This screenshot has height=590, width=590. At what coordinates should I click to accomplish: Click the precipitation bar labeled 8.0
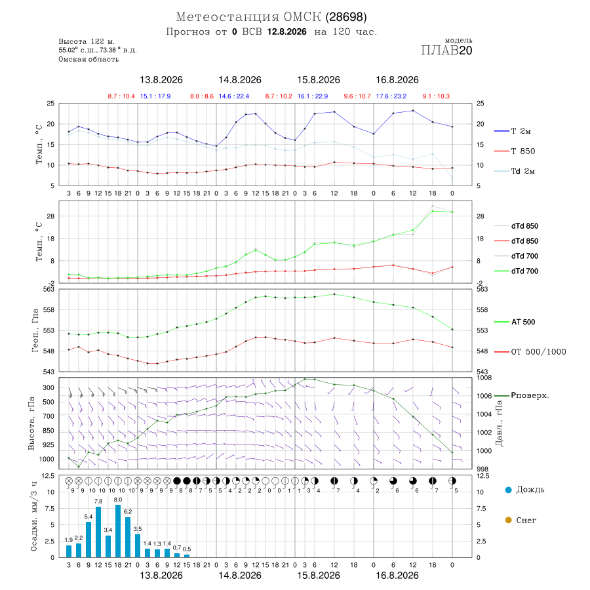[118, 531]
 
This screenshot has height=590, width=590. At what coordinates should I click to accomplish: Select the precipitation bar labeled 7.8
[98, 532]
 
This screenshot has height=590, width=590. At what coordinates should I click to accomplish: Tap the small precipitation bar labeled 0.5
[187, 556]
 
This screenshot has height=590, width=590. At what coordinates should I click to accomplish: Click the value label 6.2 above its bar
[128, 512]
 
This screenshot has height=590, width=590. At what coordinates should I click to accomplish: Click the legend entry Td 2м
[515, 171]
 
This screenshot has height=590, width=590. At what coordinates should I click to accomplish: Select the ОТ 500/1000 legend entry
[530, 352]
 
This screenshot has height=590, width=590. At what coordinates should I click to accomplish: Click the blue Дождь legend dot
[508, 490]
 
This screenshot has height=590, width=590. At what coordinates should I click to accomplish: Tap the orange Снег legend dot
[508, 520]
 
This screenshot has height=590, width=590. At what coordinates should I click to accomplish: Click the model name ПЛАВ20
[446, 50]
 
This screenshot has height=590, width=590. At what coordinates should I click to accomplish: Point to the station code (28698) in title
[346, 17]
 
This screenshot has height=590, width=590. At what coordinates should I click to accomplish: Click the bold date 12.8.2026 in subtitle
[286, 31]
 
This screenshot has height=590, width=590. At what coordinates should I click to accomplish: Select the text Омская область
[88, 59]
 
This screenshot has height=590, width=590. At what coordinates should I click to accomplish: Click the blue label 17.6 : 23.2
[391, 96]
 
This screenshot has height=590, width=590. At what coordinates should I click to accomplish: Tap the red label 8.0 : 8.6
[202, 96]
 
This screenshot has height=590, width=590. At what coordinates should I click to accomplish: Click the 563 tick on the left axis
[50, 289]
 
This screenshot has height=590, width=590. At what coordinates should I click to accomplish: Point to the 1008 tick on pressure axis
[484, 378]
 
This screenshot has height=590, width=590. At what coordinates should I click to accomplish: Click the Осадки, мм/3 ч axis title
[33, 517]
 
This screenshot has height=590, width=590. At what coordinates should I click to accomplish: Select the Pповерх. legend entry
[522, 395]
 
